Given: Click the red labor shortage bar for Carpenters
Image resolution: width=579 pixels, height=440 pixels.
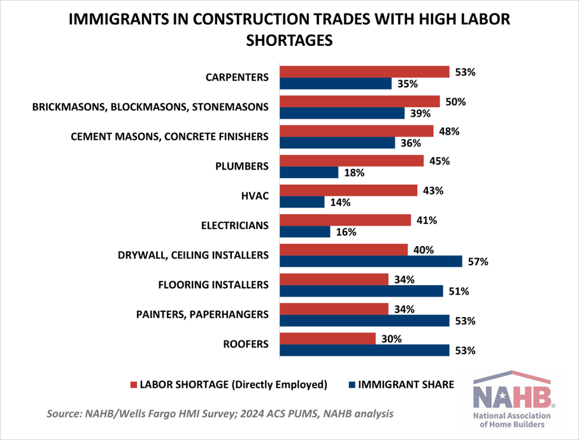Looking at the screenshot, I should click(364, 71).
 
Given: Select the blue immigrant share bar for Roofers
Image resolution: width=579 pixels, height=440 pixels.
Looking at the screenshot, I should click(364, 350).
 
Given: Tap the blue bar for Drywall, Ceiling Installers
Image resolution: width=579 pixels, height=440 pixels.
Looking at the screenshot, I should click(371, 261).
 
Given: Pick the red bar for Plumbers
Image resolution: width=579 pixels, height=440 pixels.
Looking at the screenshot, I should click(352, 161).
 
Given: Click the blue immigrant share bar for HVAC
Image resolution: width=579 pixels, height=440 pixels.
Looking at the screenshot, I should click(303, 202).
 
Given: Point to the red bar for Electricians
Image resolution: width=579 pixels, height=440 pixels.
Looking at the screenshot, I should click(345, 220).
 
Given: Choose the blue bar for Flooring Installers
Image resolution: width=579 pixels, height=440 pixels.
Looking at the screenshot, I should click(361, 291).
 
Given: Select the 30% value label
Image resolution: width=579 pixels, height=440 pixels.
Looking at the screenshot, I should click(391, 339).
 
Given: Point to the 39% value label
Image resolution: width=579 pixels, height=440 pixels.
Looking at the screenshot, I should click(420, 114).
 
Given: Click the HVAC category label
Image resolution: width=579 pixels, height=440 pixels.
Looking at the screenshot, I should click(256, 196).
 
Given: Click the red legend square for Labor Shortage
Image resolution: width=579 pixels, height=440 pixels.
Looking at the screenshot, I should click(134, 385).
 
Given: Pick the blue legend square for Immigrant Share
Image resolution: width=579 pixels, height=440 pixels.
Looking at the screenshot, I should click(352, 385).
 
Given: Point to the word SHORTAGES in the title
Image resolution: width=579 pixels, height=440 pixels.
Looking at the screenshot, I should click(290, 40).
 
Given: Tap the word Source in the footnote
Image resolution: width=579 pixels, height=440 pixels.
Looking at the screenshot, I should click(65, 414).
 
